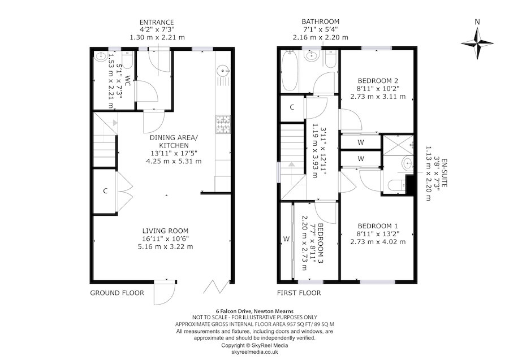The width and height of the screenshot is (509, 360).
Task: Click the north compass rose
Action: [x=478, y=45]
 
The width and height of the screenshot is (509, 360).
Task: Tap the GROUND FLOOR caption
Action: [x=117, y=293]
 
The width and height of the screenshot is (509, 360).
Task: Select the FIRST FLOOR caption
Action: [x=299, y=293]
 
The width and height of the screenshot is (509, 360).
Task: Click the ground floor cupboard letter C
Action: [x=105, y=191]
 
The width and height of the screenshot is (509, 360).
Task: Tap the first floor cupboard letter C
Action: [x=292, y=107]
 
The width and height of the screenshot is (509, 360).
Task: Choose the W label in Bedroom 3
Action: [x=286, y=239]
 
